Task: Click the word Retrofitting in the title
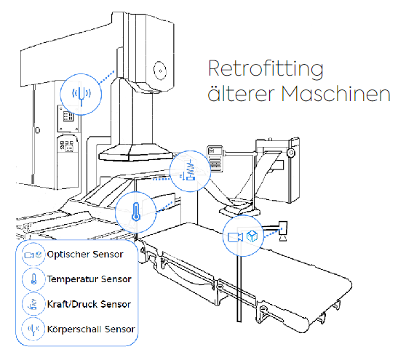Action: click(266, 69)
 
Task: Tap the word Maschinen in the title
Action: click(335, 94)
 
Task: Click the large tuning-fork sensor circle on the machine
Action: click(81, 95)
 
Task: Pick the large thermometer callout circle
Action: click(136, 212)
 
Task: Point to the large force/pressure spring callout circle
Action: click(190, 171)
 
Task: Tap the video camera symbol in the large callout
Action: click(235, 237)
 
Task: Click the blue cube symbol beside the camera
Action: click(252, 236)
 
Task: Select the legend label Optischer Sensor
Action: click(85, 255)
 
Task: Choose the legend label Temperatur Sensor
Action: click(89, 279)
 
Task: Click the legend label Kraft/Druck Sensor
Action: click(89, 304)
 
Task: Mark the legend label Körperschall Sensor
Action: click(91, 329)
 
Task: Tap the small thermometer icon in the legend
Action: click(33, 279)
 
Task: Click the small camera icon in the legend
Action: click(28, 255)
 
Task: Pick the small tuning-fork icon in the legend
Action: click(33, 329)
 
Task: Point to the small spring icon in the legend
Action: click(33, 304)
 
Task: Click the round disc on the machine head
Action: click(160, 71)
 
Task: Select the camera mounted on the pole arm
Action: click(283, 231)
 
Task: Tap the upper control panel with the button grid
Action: click(68, 119)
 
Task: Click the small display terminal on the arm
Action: click(215, 159)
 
